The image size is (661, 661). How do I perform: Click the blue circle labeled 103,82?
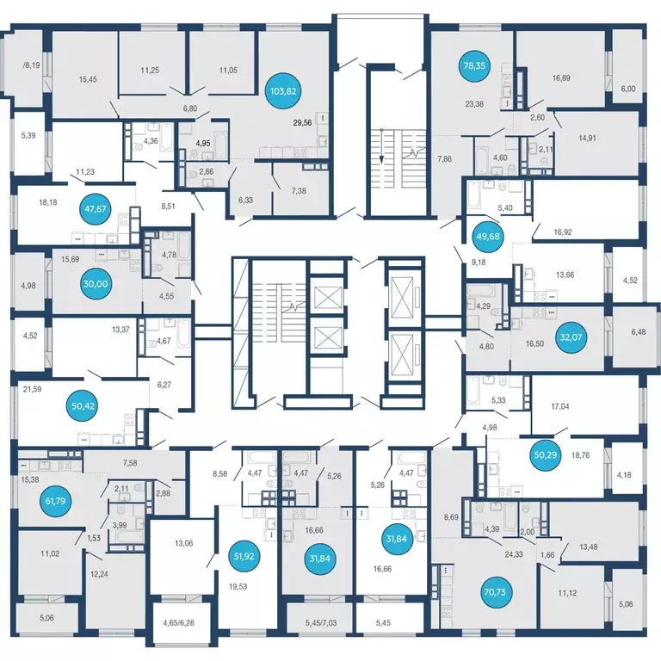click(283, 91)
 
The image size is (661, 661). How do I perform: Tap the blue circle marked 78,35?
click(474, 65)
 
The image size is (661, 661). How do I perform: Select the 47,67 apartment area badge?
click(96, 208)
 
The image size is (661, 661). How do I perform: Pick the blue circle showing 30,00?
click(96, 284)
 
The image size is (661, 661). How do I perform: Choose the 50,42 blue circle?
click(83, 406)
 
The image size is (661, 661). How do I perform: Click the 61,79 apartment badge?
click(55, 501)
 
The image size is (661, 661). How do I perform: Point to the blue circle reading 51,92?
click(244, 556)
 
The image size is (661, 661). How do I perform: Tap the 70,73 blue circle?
click(495, 592)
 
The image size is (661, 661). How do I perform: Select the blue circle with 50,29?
click(546, 454)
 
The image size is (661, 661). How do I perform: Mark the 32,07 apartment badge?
click(571, 337)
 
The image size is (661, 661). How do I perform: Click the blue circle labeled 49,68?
click(488, 236)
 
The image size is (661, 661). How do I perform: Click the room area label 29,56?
click(302, 123)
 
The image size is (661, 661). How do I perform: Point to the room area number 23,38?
click(474, 103)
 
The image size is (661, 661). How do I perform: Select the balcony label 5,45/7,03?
click(321, 622)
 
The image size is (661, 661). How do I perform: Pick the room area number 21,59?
click(32, 389)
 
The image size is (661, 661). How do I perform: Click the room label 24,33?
click(514, 554)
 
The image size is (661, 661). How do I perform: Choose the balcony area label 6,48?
click(639, 331)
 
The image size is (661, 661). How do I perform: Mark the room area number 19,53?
click(238, 586)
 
